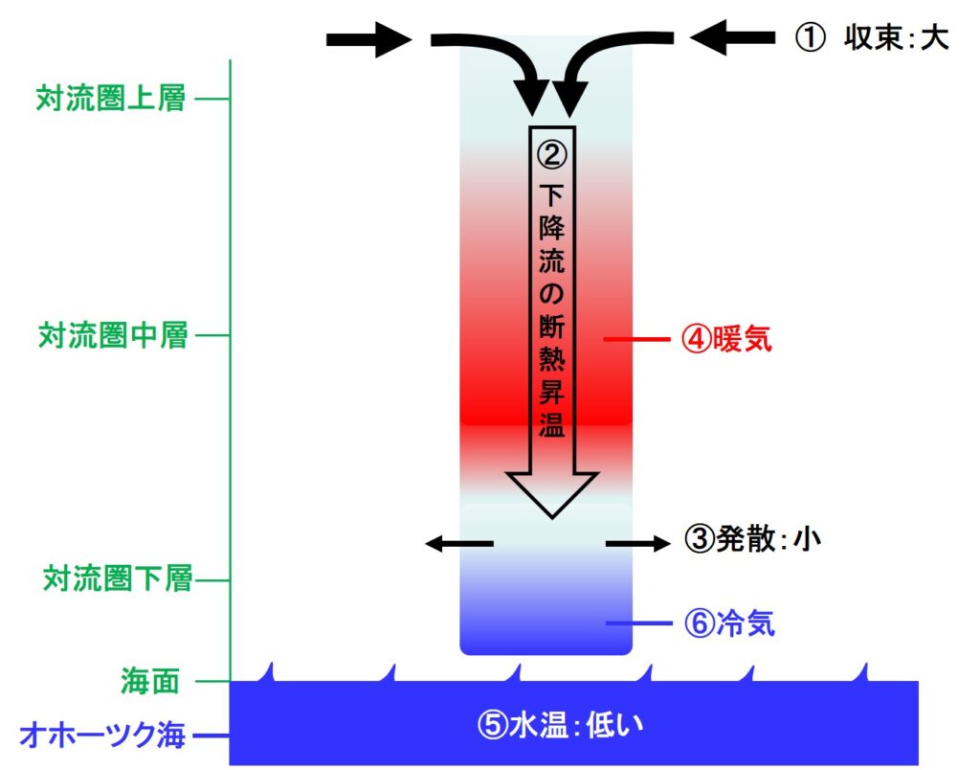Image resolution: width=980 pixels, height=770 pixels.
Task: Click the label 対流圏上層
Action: [x=111, y=99]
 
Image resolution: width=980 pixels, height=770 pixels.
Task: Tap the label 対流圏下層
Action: [x=118, y=578]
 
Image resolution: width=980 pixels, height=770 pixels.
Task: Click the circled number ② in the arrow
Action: [x=552, y=152]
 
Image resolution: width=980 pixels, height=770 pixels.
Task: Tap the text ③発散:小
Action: [x=753, y=540]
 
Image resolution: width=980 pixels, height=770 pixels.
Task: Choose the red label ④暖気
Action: [x=725, y=339]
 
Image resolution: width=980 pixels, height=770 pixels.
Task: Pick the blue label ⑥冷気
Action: [x=729, y=624]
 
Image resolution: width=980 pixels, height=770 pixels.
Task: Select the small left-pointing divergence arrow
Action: [x=459, y=544]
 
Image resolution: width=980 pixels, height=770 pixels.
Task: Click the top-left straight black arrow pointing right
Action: [x=367, y=39]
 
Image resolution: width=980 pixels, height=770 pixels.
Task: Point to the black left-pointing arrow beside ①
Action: [x=731, y=38]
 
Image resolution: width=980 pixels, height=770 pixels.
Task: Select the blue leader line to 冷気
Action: [x=638, y=624]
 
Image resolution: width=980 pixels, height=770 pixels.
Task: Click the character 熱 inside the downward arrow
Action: [x=551, y=365]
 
